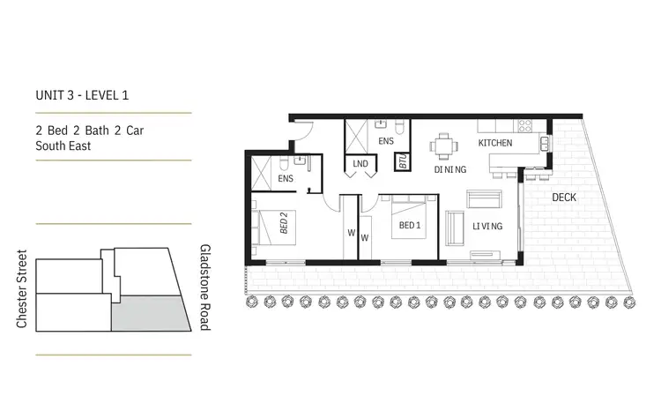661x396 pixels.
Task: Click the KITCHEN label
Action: (x=494, y=143)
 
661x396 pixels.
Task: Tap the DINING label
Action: (x=449, y=169)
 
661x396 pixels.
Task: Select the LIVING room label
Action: (x=486, y=227)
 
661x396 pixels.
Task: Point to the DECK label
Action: (x=564, y=198)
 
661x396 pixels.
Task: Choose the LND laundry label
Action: (x=360, y=164)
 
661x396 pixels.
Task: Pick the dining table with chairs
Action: (x=443, y=145)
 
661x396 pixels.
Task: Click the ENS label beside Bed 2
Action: (x=286, y=179)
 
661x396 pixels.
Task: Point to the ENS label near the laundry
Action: (x=386, y=140)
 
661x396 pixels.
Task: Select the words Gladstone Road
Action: (x=204, y=288)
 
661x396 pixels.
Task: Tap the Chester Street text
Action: (x=22, y=288)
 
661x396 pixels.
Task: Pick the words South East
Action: (x=63, y=146)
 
